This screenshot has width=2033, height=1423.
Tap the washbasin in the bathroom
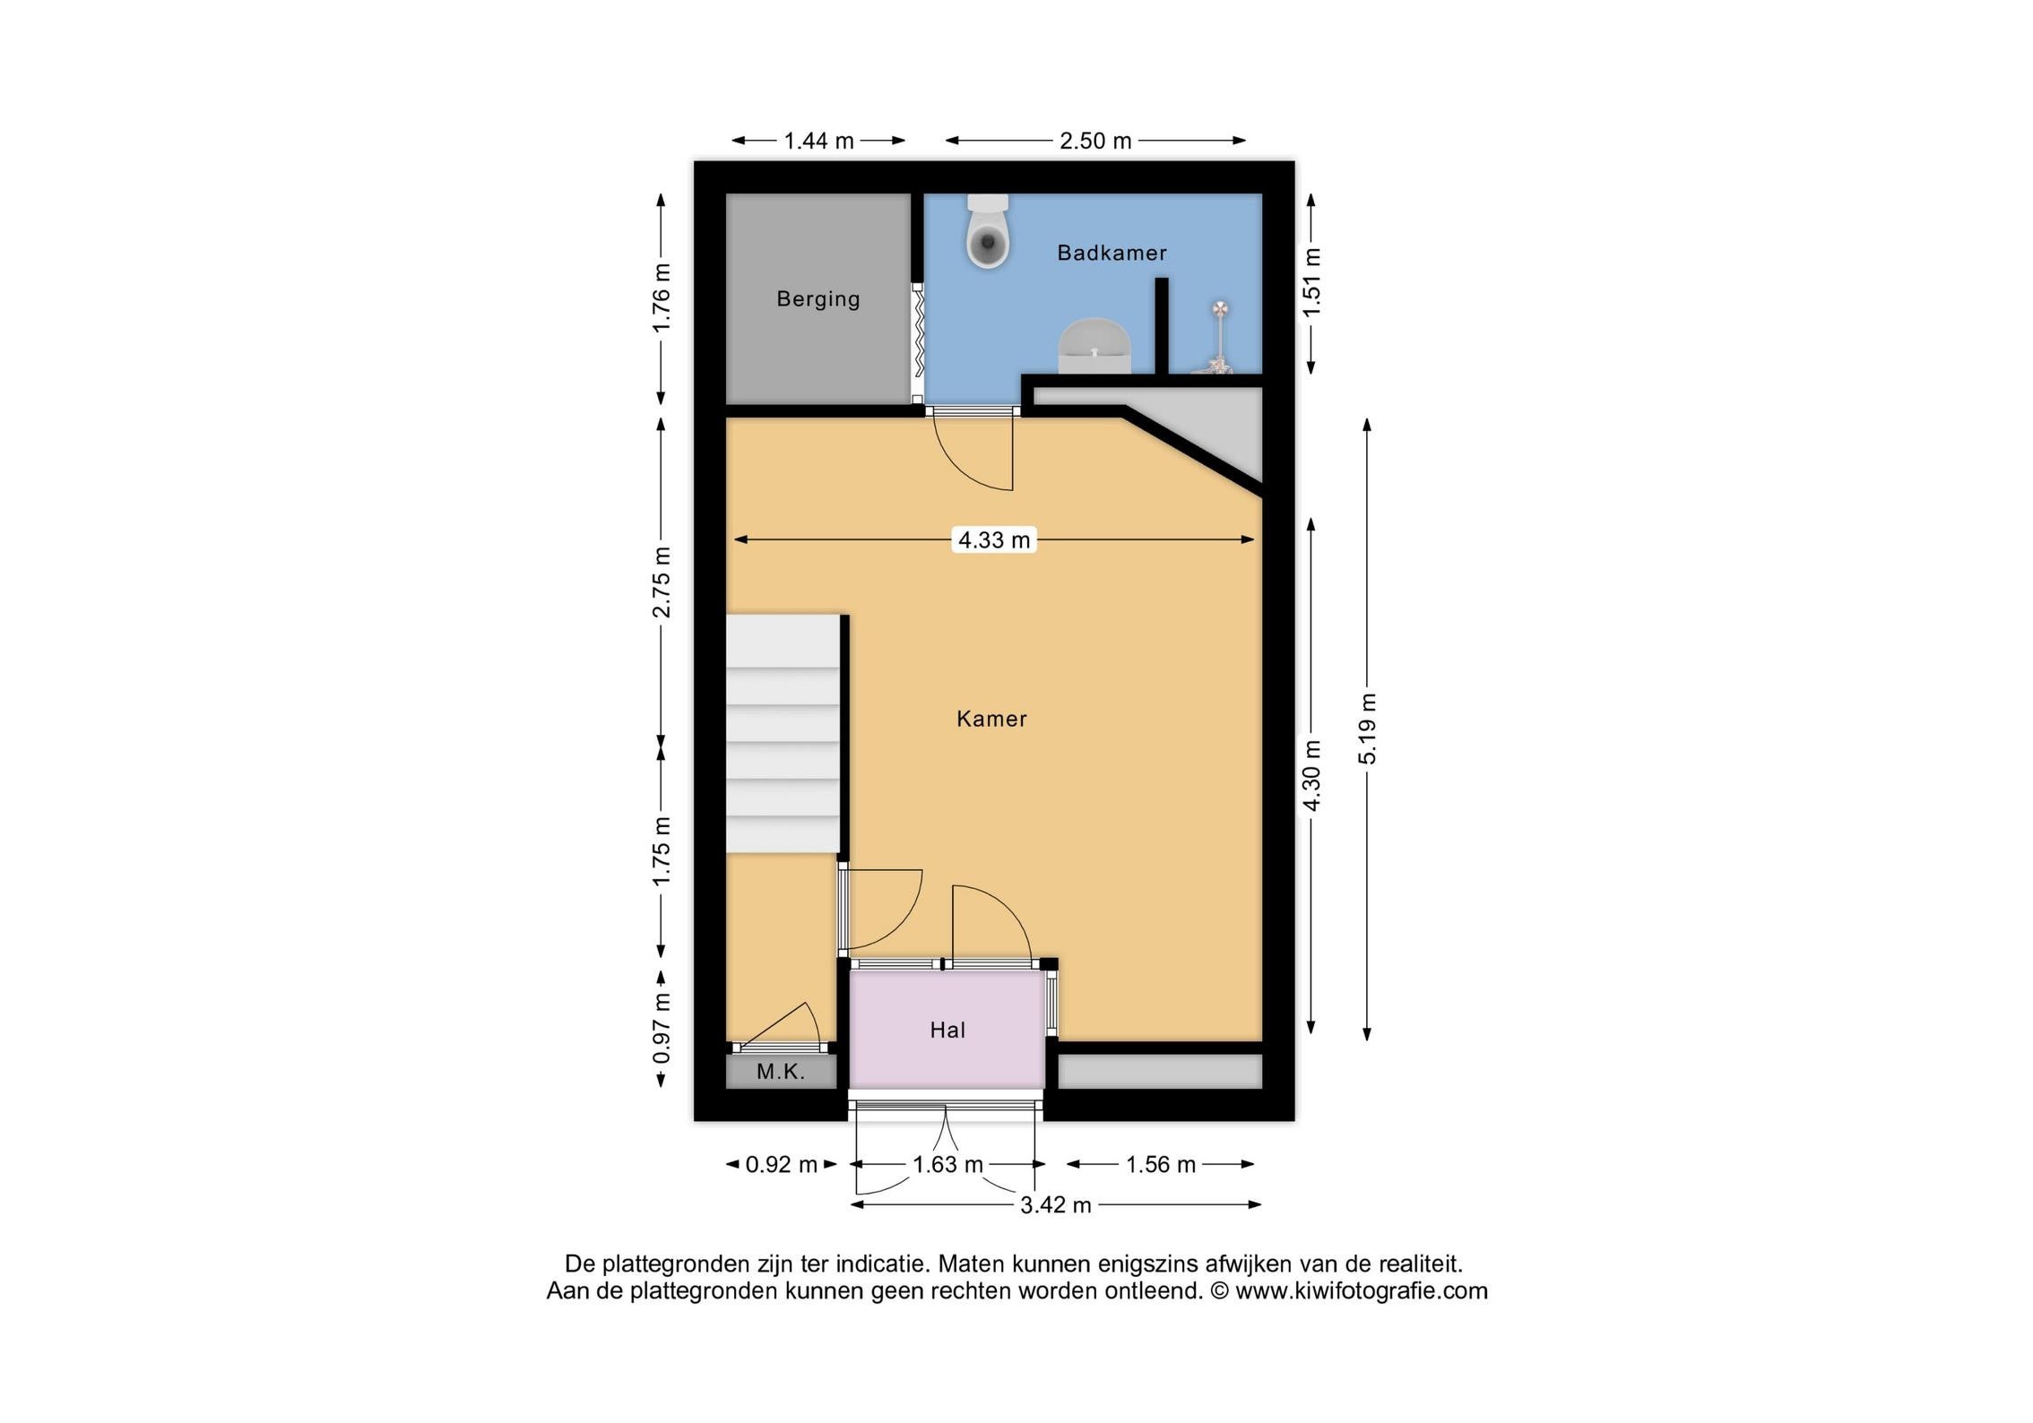coord(1094,345)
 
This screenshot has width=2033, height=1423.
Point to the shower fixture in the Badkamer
coord(1218,337)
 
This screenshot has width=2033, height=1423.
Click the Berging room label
coord(818,299)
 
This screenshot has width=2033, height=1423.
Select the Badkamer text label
coord(1112,253)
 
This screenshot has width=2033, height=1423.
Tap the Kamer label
coord(991,719)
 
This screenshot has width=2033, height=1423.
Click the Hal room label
coord(947,1031)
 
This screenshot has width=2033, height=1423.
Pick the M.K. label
coord(781,1071)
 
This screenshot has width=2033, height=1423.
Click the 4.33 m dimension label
coord(994,539)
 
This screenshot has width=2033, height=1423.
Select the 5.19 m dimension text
coord(1367,729)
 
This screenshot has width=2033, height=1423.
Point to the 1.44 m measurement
coord(818,141)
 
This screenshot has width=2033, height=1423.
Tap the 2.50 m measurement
coord(1095,141)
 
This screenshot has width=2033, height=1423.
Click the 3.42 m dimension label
coord(1056,1205)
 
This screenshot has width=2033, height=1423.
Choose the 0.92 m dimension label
coord(782,1165)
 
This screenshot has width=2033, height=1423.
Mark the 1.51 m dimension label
coord(1311,281)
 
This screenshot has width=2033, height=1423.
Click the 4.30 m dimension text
coord(1311,776)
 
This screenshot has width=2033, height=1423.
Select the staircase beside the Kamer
coord(783,733)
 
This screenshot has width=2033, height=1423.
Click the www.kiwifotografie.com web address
coord(1362,1291)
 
